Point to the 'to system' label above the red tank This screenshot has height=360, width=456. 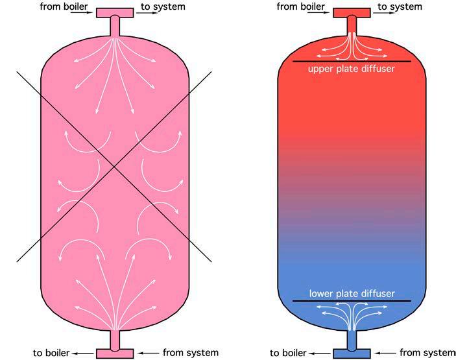click(400, 6)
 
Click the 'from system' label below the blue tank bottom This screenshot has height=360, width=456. click(427, 353)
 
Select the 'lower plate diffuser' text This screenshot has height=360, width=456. click(352, 293)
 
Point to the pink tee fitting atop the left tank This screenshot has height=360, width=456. click(115, 13)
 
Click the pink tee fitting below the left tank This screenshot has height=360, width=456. click(115, 352)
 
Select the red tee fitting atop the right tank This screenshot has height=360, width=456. click(352, 13)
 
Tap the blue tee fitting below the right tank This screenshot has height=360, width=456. click(352, 352)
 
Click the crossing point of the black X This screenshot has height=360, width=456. click(114, 167)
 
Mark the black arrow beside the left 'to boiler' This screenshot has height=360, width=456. click(81, 354)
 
